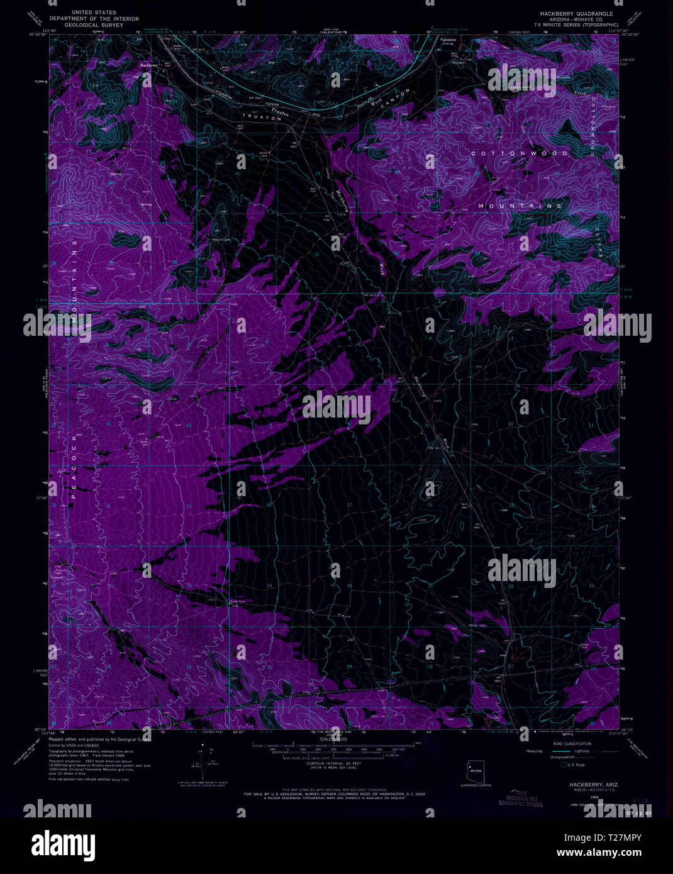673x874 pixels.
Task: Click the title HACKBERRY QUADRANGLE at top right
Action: click(x=576, y=13)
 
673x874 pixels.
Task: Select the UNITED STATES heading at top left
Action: click(x=94, y=13)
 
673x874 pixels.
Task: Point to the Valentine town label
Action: click(x=448, y=40)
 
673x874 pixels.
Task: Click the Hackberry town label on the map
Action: click(x=148, y=65)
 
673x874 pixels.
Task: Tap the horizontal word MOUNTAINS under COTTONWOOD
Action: click(x=520, y=206)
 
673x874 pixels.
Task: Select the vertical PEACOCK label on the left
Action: click(x=73, y=465)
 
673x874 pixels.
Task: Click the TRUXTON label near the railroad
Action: click(x=262, y=118)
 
